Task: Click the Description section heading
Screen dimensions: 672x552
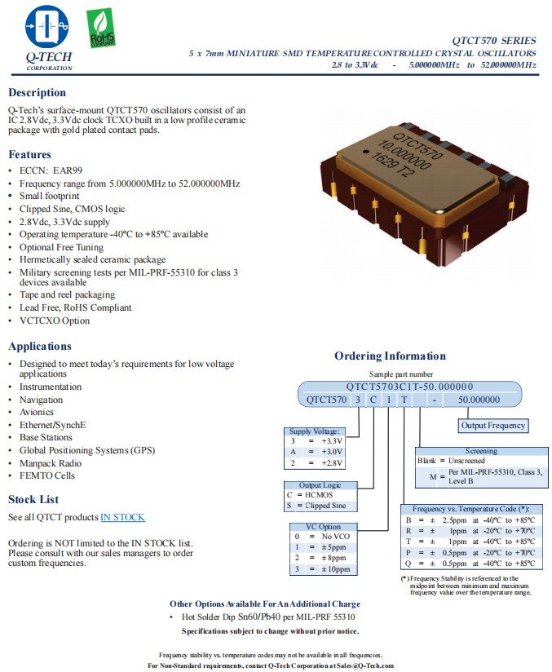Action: point(37,93)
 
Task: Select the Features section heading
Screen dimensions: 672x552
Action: point(30,154)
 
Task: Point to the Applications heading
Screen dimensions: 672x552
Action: point(40,346)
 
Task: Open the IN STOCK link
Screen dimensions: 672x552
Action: point(122,517)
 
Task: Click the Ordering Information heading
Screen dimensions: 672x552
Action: point(390,356)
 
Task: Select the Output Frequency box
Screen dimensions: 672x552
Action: point(493,425)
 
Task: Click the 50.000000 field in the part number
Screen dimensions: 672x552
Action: point(479,400)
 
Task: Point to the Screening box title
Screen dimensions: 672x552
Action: point(480,451)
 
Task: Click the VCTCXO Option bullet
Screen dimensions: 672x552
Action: point(55,321)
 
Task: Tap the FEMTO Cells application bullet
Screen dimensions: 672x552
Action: point(46,475)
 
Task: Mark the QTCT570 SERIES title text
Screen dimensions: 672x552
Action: point(494,41)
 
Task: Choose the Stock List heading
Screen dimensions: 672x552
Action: point(33,499)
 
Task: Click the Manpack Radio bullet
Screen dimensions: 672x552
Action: point(51,463)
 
